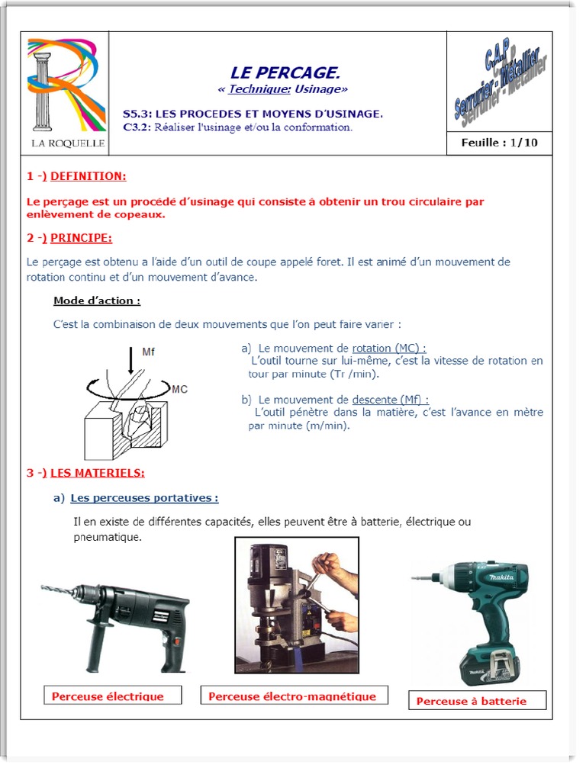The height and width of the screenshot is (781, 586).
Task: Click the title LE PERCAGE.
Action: pyautogui.click(x=285, y=72)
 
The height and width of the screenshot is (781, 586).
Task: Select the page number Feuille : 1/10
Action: pyautogui.click(x=499, y=143)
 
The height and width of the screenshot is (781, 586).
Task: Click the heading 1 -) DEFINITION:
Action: pyautogui.click(x=76, y=176)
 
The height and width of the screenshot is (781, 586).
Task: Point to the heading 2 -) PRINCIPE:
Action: pyautogui.click(x=69, y=238)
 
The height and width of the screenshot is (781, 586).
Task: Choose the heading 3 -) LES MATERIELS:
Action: pyautogui.click(x=85, y=473)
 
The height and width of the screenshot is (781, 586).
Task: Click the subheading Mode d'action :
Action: pyautogui.click(x=97, y=301)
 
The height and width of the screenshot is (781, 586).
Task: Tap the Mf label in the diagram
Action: pyautogui.click(x=149, y=352)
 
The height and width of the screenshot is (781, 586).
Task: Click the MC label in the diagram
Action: pyautogui.click(x=179, y=389)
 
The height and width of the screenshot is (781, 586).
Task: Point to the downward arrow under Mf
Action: pyautogui.click(x=130, y=362)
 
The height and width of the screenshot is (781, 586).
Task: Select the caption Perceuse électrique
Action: pyautogui.click(x=108, y=696)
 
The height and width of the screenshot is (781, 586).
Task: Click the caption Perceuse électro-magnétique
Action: pyautogui.click(x=292, y=696)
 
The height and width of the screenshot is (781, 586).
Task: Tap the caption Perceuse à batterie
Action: pyautogui.click(x=472, y=701)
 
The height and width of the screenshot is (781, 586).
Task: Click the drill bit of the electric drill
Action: pyautogui.click(x=58, y=591)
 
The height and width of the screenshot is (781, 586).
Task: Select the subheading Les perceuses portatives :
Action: pyautogui.click(x=144, y=498)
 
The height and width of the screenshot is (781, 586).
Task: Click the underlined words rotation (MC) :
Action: pyautogui.click(x=389, y=348)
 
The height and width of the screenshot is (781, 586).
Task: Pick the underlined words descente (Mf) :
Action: pyautogui.click(x=390, y=399)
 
